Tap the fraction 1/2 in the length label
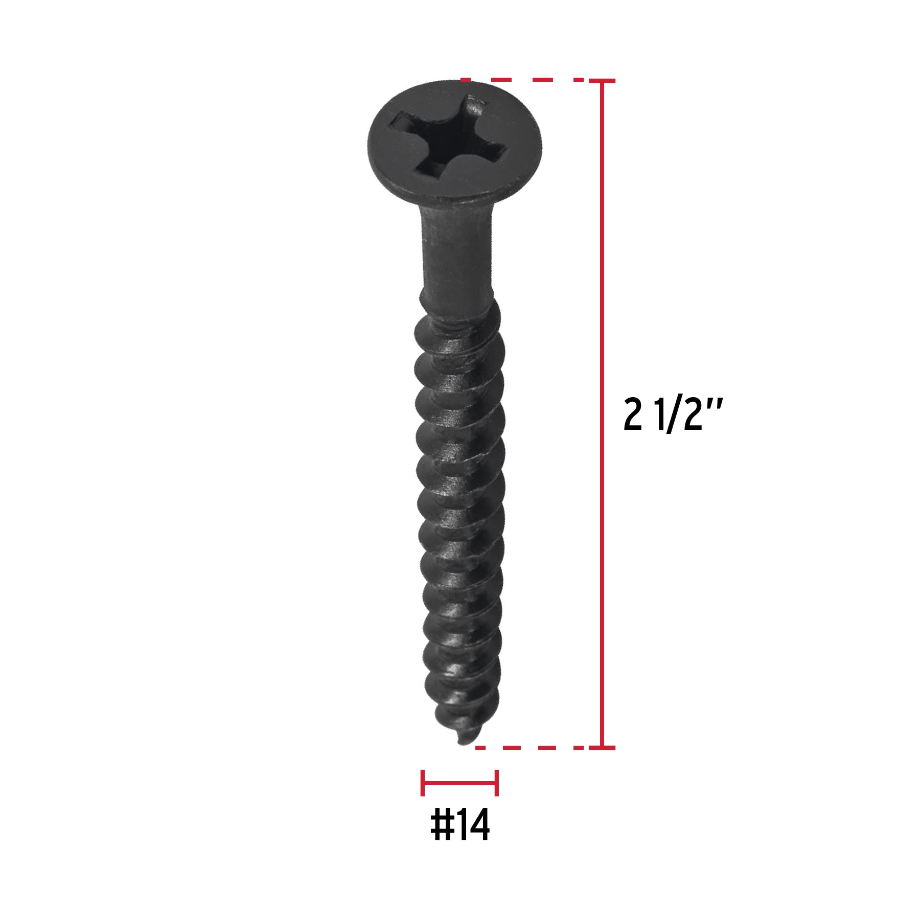coord(673,415)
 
